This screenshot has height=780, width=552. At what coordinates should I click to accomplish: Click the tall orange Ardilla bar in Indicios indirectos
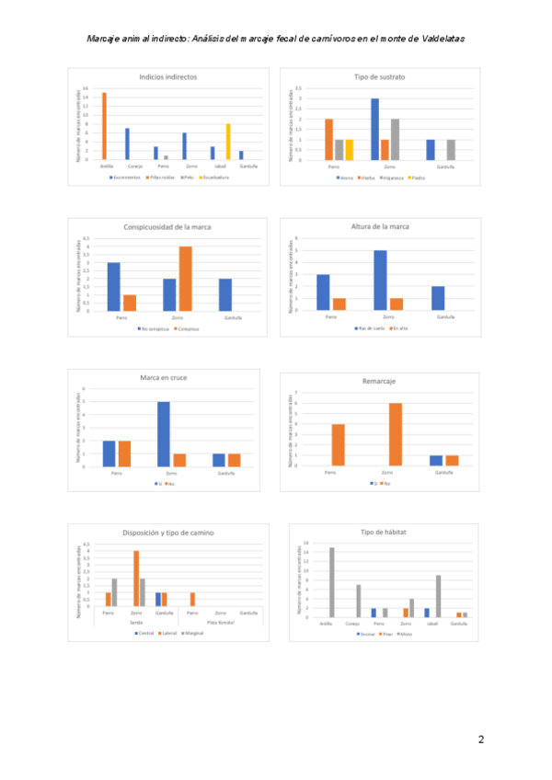104,126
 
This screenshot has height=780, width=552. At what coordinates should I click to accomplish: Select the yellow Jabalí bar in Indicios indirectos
228,142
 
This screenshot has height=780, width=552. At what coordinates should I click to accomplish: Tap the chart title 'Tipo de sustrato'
378,77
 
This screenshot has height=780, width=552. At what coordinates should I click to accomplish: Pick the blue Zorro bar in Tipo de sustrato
375,130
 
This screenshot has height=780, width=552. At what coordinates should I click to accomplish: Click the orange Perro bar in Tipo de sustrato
329,140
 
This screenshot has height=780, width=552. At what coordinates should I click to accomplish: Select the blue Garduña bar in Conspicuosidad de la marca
225,294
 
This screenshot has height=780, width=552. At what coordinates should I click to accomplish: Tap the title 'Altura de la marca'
379,226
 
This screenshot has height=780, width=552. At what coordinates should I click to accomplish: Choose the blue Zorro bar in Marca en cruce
163,434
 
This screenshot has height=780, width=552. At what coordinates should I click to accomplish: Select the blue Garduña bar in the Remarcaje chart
437,461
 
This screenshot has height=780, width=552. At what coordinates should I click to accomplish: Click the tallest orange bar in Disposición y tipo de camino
136,578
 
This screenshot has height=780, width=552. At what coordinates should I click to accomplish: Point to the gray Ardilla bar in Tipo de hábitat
332,582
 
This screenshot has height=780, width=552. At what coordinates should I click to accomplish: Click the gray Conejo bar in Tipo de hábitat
358,601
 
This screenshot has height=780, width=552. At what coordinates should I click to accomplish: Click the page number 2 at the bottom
481,739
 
